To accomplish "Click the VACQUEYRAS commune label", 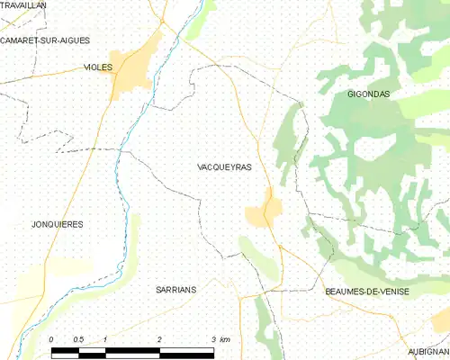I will point(224,167).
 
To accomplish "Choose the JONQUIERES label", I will point(57,224).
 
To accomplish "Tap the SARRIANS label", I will point(175,291).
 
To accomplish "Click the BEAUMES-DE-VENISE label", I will point(366,292).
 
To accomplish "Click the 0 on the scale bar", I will point(51,338).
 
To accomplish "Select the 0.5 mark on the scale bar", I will point(78,338).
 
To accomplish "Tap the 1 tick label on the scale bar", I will point(105,338).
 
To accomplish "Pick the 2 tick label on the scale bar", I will point(159,338).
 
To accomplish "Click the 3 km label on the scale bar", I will point(220,338).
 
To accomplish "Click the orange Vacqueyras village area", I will point(263,212).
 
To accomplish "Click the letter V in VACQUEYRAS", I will point(200,167).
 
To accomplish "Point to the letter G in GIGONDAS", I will point(350,94).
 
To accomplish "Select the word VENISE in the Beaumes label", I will point(391,292).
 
